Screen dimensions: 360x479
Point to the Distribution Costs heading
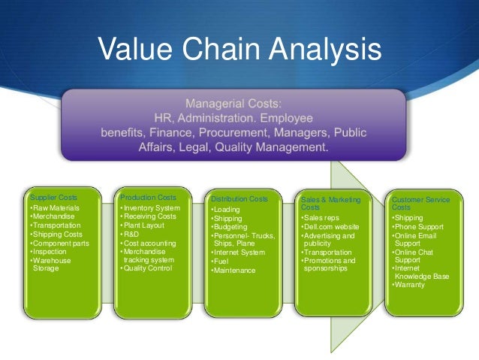(239, 199)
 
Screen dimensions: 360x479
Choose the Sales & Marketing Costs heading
(330, 204)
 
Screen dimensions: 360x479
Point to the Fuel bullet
(222, 262)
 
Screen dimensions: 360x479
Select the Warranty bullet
(412, 285)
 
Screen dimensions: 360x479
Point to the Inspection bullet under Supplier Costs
(49, 253)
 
